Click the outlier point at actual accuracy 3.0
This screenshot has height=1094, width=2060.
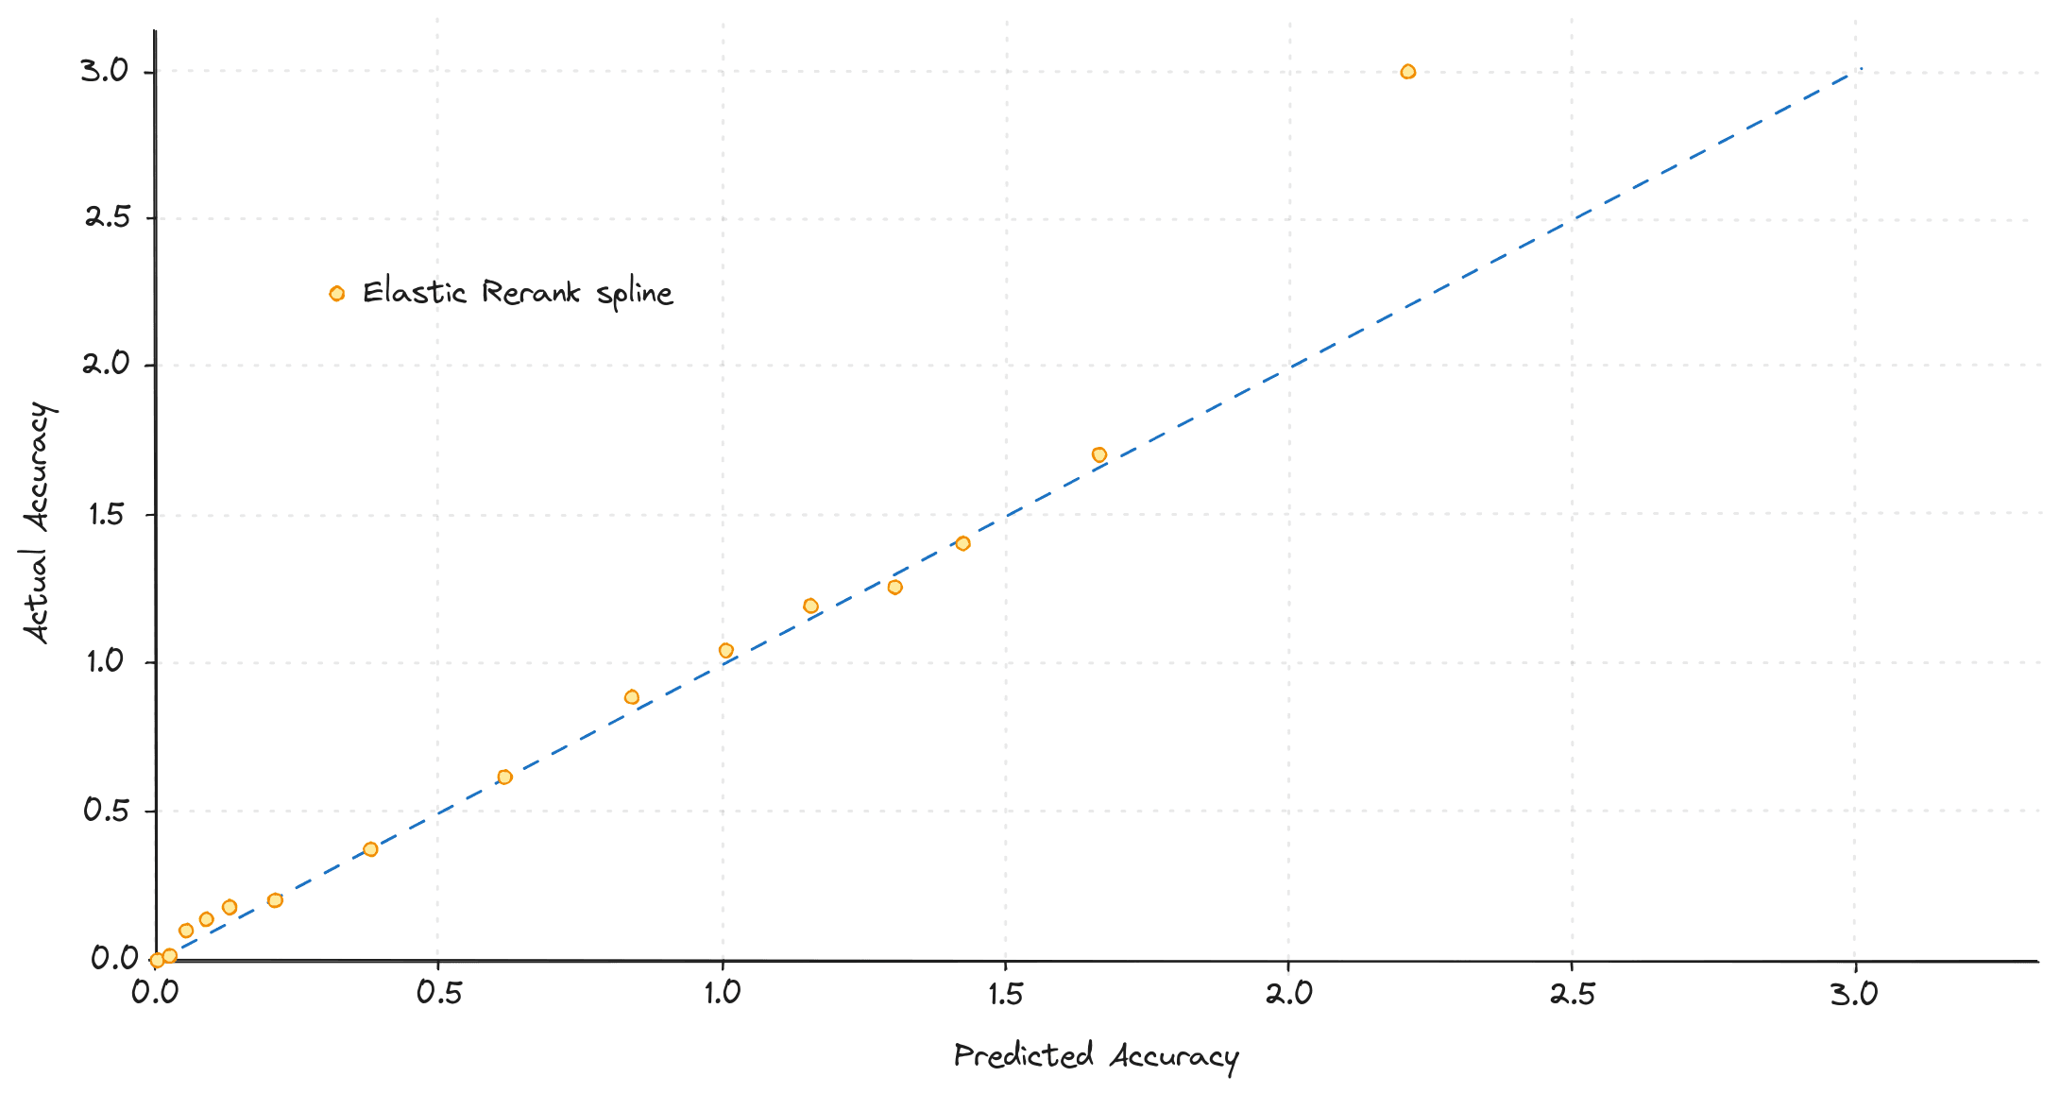tap(1407, 72)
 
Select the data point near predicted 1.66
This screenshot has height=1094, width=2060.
tap(1098, 454)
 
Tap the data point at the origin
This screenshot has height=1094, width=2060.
tap(157, 960)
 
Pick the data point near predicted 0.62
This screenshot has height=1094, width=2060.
tap(504, 777)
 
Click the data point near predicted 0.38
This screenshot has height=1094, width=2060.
tap(370, 849)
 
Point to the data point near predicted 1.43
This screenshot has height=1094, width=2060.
tap(962, 543)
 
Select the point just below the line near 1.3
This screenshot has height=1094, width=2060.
tap(894, 587)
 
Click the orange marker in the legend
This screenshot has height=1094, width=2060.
tap(336, 294)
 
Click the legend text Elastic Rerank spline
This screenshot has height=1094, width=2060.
tap(517, 293)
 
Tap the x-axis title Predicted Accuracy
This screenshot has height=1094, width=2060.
tap(1095, 1055)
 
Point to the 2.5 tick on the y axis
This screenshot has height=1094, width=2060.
tap(107, 217)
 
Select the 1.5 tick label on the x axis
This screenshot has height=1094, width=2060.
tap(1005, 994)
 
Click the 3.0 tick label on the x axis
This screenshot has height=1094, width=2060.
tap(1853, 994)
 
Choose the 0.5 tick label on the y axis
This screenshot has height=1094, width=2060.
tap(107, 810)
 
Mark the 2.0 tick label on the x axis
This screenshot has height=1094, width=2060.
tap(1288, 994)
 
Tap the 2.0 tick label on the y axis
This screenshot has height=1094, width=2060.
tap(107, 364)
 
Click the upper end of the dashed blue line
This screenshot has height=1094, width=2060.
tap(1859, 69)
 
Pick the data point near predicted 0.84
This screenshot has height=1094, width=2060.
tap(632, 697)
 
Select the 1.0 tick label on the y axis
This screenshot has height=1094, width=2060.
tap(107, 661)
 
